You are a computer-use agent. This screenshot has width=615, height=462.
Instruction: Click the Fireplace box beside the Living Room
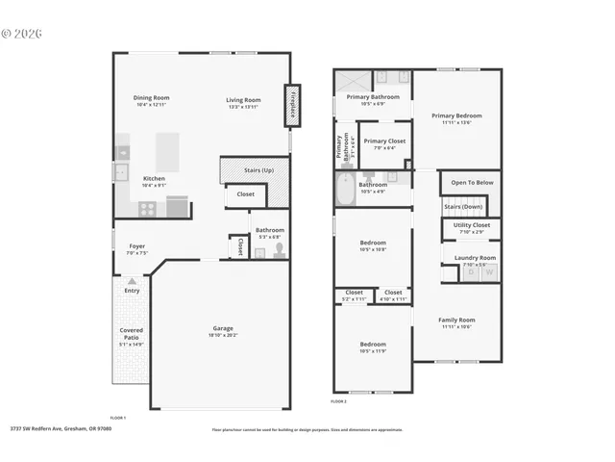coord(289,105)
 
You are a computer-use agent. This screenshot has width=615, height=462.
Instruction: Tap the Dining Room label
coord(151,98)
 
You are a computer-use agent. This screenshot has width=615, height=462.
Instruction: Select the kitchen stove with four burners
coord(178,205)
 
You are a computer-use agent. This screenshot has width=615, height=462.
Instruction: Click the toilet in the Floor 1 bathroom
coord(279,249)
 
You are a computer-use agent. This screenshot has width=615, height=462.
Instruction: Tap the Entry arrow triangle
coord(132,282)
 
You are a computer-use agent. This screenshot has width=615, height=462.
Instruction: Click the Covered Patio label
coord(132,334)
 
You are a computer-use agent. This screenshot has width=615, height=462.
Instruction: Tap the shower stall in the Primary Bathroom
coord(347,79)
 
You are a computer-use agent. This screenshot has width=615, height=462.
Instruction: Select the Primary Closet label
coord(383,141)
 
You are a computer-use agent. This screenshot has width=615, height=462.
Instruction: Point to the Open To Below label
coord(472,182)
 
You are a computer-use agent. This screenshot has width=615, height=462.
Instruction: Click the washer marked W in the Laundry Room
coord(489,273)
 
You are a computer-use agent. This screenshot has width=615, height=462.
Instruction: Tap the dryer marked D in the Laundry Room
coord(471,273)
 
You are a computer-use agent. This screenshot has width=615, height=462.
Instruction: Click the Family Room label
coord(456,320)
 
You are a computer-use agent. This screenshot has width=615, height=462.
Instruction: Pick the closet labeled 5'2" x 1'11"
coord(354,295)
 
